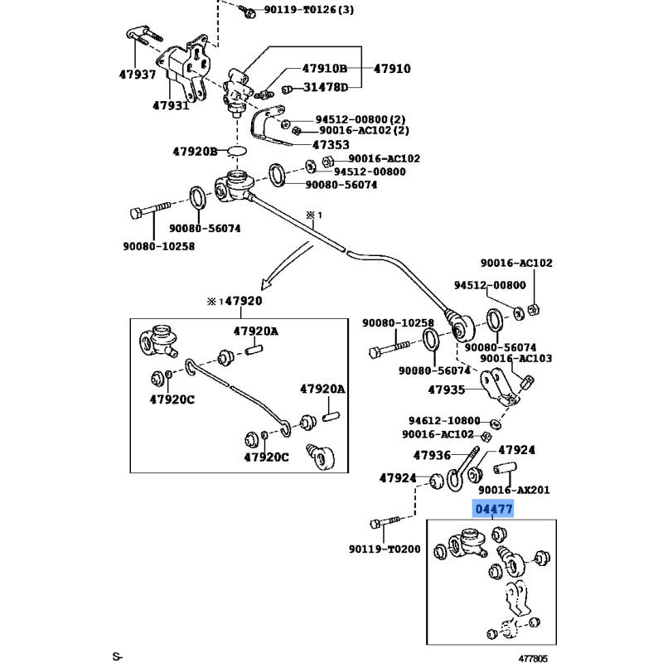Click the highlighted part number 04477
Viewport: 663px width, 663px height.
493,509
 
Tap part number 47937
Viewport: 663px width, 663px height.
137,75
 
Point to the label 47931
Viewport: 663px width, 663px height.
171,105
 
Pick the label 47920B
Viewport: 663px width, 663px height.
195,151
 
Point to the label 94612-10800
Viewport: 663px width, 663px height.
443,420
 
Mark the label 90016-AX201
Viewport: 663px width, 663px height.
515,490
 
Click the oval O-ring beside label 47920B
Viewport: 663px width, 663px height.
237,152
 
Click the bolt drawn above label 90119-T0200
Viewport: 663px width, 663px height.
385,523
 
